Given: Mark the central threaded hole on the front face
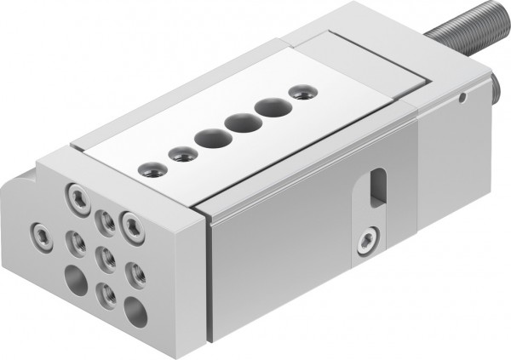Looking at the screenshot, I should pos(105,256).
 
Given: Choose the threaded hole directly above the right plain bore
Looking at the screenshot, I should pos(135,273).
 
